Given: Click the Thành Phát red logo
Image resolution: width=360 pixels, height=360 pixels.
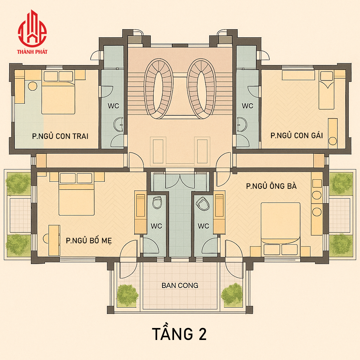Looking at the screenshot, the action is point(32,32).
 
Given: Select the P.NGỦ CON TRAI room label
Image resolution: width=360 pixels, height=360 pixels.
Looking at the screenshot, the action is point(60,136).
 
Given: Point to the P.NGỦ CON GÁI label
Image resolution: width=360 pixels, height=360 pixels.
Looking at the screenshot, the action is point(297,135).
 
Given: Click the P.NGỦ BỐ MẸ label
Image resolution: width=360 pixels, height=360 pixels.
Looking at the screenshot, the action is point(89,240).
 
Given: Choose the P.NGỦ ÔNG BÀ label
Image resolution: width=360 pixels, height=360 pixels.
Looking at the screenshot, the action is point(271,186).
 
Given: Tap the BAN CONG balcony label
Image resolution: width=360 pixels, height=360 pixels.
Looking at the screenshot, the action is point(180,285).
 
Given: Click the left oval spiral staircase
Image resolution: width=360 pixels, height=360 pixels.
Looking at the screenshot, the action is point(159,89).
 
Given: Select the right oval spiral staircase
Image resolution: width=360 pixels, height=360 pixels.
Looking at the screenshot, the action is point(201,89).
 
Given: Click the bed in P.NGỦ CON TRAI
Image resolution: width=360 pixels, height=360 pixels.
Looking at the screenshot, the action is point(58,92).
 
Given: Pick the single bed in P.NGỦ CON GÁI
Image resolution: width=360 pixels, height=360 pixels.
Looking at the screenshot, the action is point(327,90).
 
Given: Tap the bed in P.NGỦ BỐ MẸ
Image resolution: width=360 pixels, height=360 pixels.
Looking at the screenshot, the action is point(76,194).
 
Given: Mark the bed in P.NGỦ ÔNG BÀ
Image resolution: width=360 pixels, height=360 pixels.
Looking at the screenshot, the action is point(281,229).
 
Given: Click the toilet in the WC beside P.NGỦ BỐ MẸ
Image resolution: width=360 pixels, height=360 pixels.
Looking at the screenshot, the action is point(157,202).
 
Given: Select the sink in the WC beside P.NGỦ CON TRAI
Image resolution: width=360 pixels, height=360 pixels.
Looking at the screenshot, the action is point(119,125).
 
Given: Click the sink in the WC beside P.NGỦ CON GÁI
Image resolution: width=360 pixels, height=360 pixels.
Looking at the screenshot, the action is point(242,124).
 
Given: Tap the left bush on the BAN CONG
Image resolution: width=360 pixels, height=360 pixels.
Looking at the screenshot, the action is point(128,295).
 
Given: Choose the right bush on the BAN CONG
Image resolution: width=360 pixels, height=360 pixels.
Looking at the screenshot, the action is point(232,295).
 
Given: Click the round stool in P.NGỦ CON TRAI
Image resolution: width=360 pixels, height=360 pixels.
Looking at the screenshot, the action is point(33,86).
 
